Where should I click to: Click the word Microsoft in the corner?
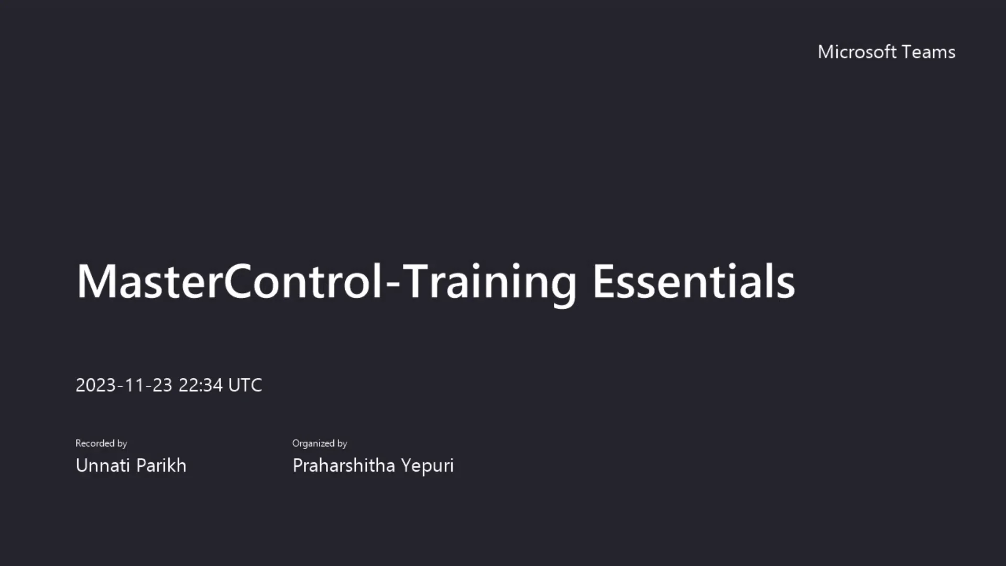pos(857,52)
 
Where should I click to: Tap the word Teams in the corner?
pos(929,52)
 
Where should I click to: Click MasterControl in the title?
pos(229,281)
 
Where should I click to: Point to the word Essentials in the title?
pos(693,281)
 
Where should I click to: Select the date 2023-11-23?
pos(124,385)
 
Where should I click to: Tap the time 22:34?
pos(201,385)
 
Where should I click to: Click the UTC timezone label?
pos(245,385)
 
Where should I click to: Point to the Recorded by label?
pos(101,443)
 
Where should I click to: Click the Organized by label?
pos(320,443)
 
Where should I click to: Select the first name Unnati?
pos(102,465)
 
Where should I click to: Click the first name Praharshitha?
pos(344,465)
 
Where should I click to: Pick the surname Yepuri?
pos(427,465)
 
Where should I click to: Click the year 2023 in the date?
pos(96,385)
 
